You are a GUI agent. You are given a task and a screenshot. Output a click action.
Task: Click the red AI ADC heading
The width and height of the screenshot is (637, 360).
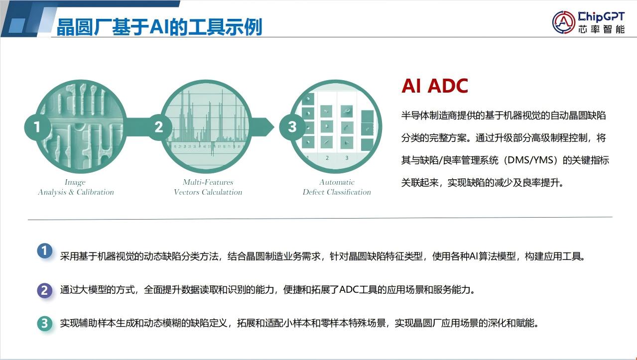pyautogui.click(x=434, y=86)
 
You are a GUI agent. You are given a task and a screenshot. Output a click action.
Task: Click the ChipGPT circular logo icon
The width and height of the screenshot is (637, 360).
pyautogui.click(x=564, y=22)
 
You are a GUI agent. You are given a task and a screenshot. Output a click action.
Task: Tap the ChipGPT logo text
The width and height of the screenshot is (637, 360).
pyautogui.click(x=601, y=17)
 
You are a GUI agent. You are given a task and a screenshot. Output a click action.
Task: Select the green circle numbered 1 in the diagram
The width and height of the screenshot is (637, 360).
pyautogui.click(x=37, y=127)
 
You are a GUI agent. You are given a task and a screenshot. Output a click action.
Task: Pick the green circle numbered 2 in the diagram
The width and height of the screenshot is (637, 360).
pyautogui.click(x=159, y=127)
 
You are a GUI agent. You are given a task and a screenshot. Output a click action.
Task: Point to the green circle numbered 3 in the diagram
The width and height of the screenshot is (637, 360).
pyautogui.click(x=292, y=127)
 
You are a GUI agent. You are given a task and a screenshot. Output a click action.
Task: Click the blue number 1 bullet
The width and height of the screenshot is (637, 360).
pyautogui.click(x=44, y=251)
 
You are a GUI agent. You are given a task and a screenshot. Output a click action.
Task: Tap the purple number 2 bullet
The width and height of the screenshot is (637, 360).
pyautogui.click(x=44, y=290)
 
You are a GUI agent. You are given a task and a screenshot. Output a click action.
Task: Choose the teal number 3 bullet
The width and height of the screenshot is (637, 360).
pyautogui.click(x=44, y=324)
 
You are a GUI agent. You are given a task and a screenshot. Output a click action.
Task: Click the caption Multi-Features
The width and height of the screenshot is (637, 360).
pyautogui.click(x=208, y=182)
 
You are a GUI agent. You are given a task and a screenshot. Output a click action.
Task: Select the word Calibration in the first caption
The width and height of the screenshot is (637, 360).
pyautogui.click(x=95, y=192)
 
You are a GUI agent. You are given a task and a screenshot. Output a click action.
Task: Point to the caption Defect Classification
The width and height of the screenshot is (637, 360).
pyautogui.click(x=337, y=192)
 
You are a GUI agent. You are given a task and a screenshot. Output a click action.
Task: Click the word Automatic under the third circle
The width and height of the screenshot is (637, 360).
pyautogui.click(x=337, y=182)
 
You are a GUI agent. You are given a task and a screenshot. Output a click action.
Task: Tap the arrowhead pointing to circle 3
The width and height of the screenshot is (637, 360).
pyautogui.click(x=267, y=127)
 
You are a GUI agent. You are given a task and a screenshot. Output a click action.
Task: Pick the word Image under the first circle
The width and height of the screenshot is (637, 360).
pyautogui.click(x=75, y=182)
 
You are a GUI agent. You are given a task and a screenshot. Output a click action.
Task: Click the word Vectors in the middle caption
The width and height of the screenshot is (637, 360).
pyautogui.click(x=187, y=192)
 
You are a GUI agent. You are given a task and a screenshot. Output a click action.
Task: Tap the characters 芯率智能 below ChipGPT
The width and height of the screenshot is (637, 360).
pyautogui.click(x=601, y=29)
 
